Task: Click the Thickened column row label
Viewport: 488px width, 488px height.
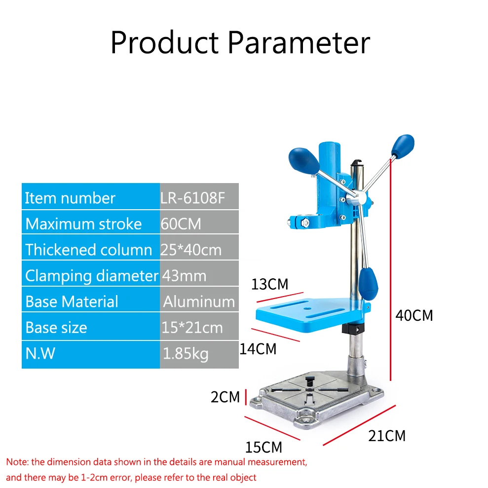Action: pyautogui.click(x=89, y=250)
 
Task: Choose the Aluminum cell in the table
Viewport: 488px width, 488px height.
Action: pyautogui.click(x=199, y=301)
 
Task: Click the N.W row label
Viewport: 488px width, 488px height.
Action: pyautogui.click(x=40, y=353)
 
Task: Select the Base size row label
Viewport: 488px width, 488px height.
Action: pyautogui.click(x=56, y=328)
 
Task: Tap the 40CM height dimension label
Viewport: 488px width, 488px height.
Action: pyautogui.click(x=414, y=315)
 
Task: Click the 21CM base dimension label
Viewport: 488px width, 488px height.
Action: pyautogui.click(x=387, y=436)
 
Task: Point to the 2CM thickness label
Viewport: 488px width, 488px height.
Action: pyautogui.click(x=225, y=397)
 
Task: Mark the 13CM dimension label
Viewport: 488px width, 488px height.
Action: pyautogui.click(x=269, y=284)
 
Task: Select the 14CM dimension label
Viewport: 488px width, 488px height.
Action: pyautogui.click(x=258, y=349)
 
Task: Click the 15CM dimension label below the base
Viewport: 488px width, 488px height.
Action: pyautogui.click(x=263, y=447)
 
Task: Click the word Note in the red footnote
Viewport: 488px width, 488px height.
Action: pyautogui.click(x=17, y=462)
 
